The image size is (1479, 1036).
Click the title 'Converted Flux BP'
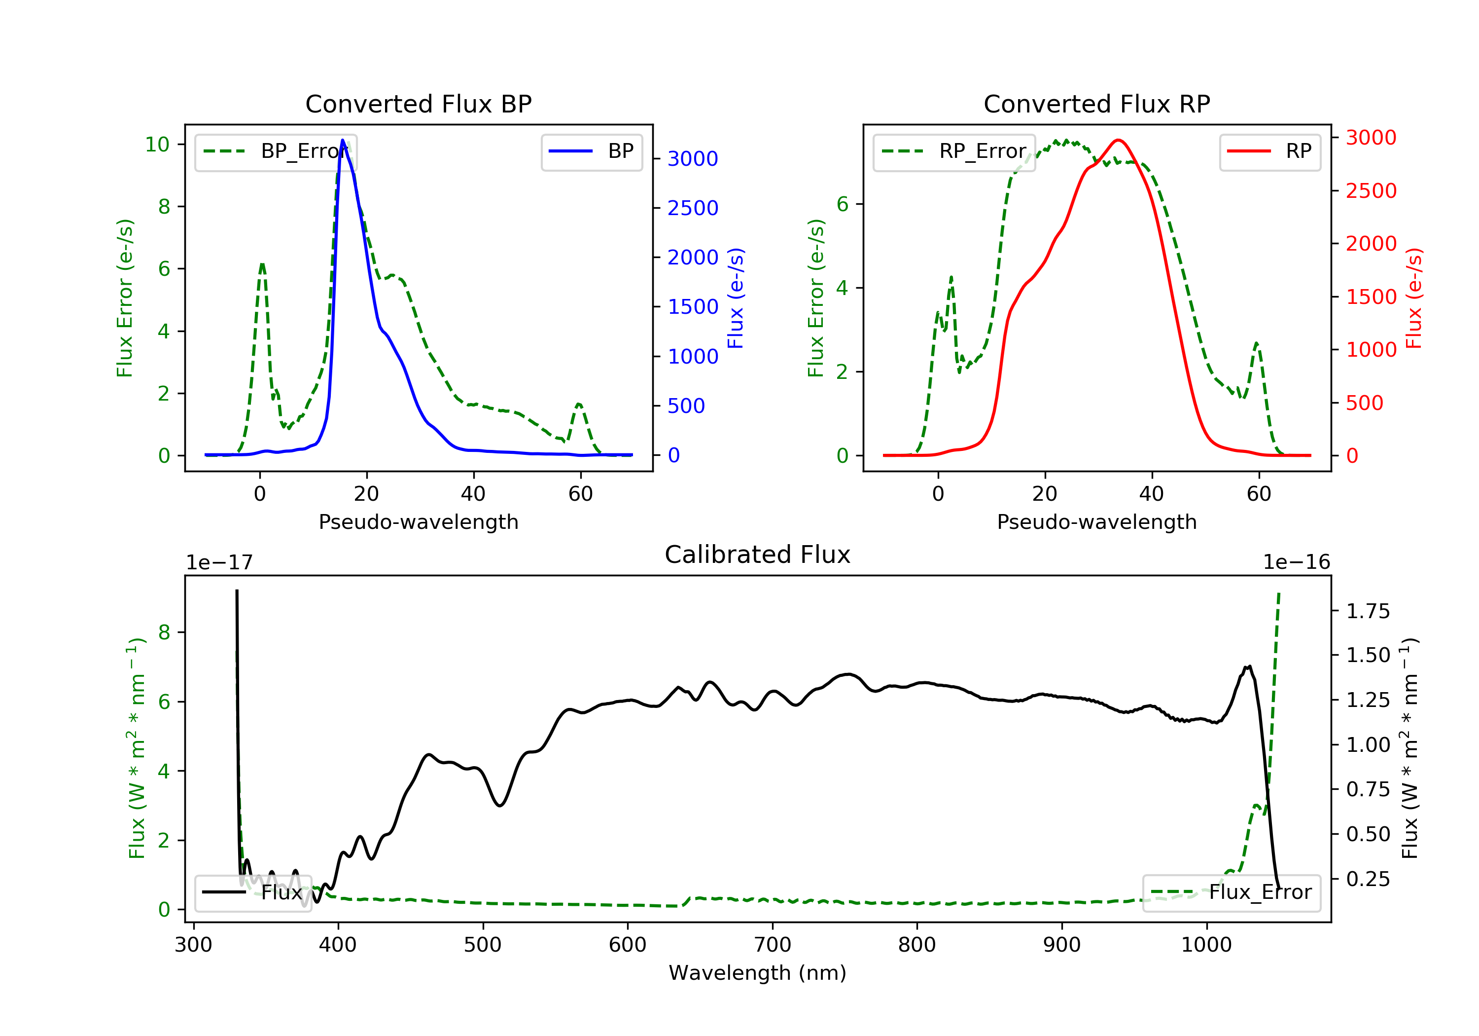click(x=418, y=104)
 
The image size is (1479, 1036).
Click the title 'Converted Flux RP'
click(x=1096, y=104)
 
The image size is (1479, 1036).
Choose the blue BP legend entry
click(x=591, y=151)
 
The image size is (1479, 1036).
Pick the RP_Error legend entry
click(x=954, y=151)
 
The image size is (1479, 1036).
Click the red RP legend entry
click(x=1269, y=151)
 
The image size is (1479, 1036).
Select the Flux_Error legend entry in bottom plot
click(x=1231, y=892)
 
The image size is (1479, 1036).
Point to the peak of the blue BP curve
click(x=343, y=140)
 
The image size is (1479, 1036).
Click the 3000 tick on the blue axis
click(x=693, y=158)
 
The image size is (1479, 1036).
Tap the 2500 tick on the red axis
click(x=1371, y=191)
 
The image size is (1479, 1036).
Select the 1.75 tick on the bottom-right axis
click(x=1368, y=611)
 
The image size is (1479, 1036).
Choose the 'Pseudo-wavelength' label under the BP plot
click(x=418, y=521)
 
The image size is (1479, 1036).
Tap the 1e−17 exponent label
click(x=219, y=563)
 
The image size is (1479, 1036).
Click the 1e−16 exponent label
click(x=1296, y=562)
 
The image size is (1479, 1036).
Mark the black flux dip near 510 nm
click(x=500, y=805)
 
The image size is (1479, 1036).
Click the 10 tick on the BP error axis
click(x=157, y=145)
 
